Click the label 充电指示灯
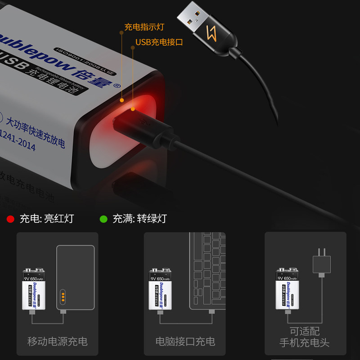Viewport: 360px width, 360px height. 144,27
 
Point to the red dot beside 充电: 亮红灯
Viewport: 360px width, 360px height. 10,219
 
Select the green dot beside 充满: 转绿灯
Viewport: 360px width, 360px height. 103,219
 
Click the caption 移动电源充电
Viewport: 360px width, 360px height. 57,341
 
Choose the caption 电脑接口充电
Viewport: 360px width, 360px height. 185,341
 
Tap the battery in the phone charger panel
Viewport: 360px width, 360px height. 288,288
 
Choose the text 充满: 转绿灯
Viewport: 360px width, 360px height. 139,219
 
